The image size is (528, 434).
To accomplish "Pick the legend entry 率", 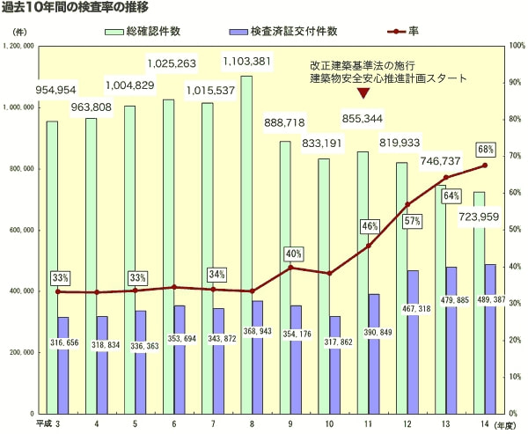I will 413,31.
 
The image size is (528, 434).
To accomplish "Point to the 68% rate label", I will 486,149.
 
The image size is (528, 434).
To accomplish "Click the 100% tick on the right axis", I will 516,44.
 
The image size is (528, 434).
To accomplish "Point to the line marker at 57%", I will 407,205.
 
